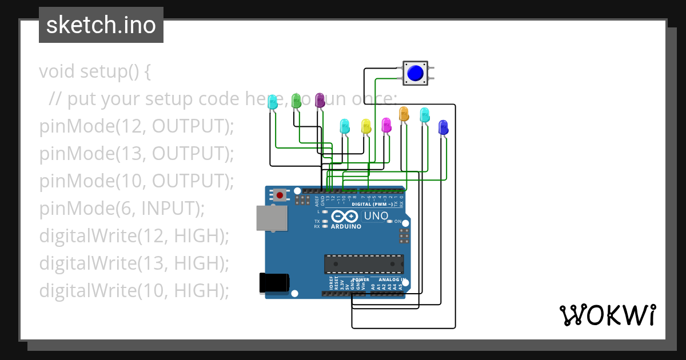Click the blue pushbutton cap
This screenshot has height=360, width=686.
[x=415, y=73]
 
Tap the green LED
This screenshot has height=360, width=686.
[x=296, y=101]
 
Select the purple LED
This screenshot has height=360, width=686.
[x=320, y=101]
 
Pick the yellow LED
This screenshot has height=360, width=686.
[x=366, y=126]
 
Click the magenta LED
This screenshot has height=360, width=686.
[x=386, y=125]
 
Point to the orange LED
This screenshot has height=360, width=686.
[x=404, y=114]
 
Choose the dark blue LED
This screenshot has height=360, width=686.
[x=442, y=127]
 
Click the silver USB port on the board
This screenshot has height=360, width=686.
[x=272, y=218]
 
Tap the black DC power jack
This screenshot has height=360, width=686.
[x=274, y=283]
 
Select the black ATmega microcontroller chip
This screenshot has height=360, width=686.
[x=364, y=263]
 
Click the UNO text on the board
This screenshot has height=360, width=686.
[x=376, y=216]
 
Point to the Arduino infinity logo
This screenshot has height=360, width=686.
[x=345, y=217]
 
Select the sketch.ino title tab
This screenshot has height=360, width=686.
[x=101, y=25]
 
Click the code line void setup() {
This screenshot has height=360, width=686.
[x=95, y=72]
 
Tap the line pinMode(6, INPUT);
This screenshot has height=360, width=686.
[x=122, y=209]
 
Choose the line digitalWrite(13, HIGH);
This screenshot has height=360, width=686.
[x=134, y=263]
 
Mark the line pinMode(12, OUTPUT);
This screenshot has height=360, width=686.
[x=137, y=126]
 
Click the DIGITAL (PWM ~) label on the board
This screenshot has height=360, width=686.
[x=372, y=204]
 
